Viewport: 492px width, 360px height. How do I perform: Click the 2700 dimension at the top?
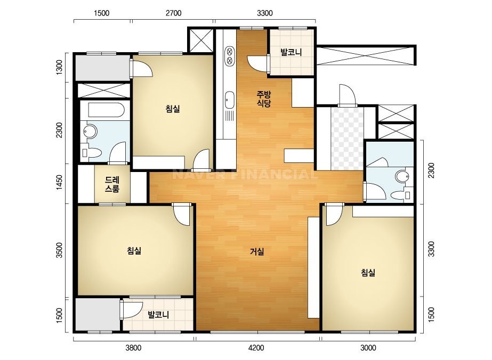174,13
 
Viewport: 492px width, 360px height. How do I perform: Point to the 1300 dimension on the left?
59,67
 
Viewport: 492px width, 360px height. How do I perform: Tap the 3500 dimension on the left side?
59,250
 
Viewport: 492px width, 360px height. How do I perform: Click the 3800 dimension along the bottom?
133,347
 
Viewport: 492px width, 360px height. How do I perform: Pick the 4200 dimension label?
256,347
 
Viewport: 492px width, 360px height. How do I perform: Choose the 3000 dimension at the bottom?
368,347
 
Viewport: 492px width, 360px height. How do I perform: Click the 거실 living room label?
257,251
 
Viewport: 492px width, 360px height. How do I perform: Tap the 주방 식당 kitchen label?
263,99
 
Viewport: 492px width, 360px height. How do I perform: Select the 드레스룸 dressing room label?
112,184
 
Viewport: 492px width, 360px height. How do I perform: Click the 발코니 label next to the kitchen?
291,52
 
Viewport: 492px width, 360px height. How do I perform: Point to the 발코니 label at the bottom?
158,315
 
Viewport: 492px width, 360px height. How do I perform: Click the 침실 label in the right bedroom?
368,273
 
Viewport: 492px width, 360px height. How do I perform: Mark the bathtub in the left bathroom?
107,110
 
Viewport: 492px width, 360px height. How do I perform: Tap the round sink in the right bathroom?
401,176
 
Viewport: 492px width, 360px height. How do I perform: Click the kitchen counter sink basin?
229,100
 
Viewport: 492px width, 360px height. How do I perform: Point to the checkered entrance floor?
348,138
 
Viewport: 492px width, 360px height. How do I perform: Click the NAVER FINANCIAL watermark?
245,174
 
